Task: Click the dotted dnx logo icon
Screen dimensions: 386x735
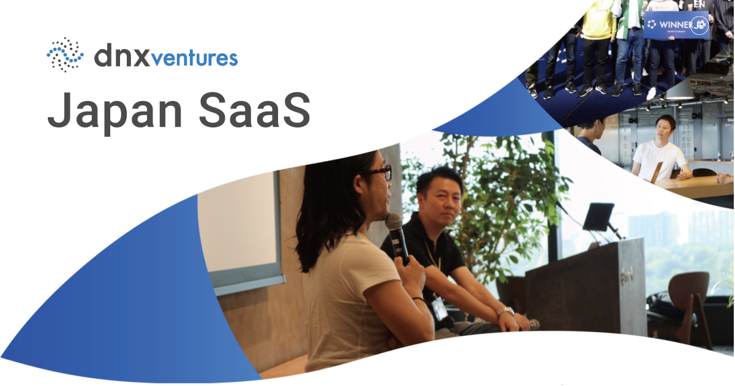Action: [65, 55]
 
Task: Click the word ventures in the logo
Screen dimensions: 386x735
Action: [194, 58]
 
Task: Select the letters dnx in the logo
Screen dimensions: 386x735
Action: [121, 56]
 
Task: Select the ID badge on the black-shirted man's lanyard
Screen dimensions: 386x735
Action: [440, 309]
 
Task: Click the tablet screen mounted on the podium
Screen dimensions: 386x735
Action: [598, 216]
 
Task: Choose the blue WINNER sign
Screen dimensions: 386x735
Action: [676, 25]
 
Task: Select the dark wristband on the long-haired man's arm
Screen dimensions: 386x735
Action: [419, 300]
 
